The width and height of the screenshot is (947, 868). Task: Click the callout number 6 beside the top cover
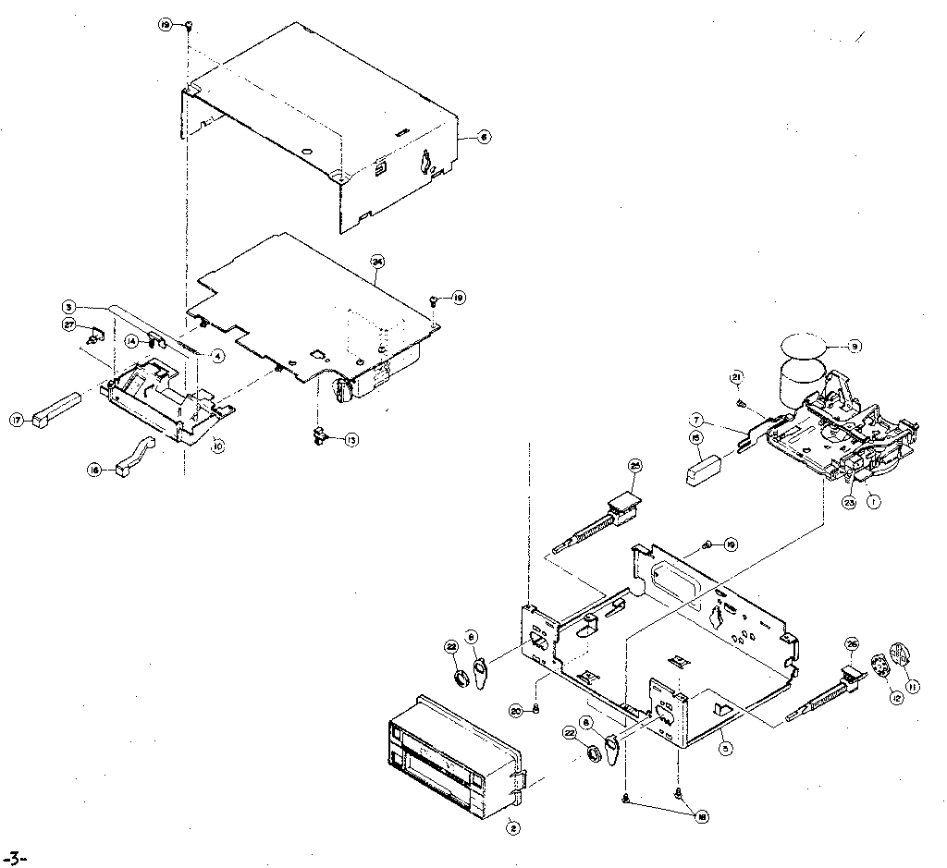[x=484, y=137]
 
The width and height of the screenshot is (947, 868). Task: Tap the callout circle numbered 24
[x=377, y=261]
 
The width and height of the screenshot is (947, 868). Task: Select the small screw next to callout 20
[x=537, y=709]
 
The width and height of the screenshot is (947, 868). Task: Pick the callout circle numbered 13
[x=351, y=441]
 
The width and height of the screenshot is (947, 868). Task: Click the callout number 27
[x=68, y=324]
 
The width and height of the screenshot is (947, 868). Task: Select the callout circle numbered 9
[x=855, y=347]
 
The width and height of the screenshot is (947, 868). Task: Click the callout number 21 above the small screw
[x=737, y=376]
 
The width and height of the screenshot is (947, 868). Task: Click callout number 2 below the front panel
[x=512, y=828]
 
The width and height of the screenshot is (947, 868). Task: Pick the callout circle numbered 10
[x=218, y=445]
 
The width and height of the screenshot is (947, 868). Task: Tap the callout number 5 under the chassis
[x=726, y=749]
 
